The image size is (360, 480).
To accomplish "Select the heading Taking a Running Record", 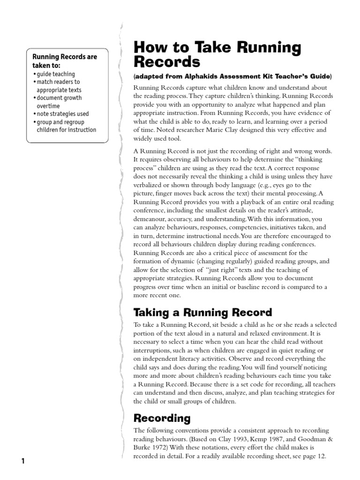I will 202,313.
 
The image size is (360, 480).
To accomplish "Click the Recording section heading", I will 162,418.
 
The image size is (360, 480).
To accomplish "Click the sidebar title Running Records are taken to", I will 64,61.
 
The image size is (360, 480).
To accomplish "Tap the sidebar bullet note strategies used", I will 62,114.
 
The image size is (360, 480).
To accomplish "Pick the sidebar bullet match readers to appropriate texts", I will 58,86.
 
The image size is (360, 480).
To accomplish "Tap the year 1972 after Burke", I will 162,448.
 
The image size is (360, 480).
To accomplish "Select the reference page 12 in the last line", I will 317,456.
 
